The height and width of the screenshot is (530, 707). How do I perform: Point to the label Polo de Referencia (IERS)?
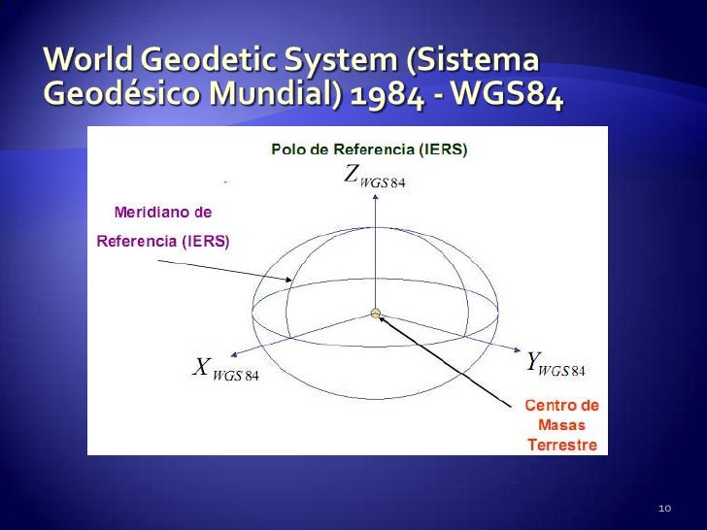[368, 149]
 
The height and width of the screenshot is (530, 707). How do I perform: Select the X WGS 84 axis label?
[222, 368]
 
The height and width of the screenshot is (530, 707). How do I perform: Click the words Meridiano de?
[162, 211]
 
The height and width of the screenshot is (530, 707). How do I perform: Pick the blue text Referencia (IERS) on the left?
[162, 242]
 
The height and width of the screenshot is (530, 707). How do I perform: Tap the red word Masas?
[561, 425]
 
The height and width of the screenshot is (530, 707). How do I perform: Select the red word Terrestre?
[561, 447]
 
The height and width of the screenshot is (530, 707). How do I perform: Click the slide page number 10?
[665, 509]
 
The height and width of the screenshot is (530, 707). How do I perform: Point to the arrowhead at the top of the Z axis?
[374, 199]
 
